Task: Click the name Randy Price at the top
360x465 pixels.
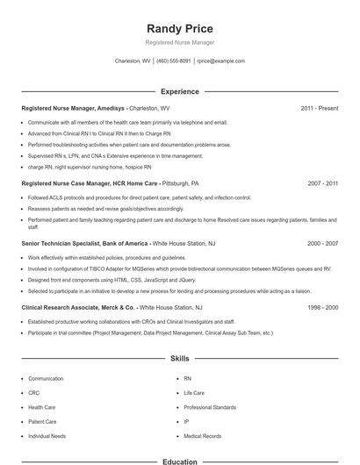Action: tap(179, 29)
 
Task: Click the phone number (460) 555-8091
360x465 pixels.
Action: tap(174, 61)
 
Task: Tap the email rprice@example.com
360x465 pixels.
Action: tap(220, 61)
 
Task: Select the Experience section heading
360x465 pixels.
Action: tap(179, 91)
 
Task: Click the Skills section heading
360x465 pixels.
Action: tap(179, 359)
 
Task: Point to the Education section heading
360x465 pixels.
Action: tap(179, 461)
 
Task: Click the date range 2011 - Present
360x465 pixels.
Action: tap(319, 108)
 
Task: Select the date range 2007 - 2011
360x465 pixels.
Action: tap(322, 184)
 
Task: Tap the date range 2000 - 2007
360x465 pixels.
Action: tap(322, 243)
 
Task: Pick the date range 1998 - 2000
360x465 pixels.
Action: tap(322, 308)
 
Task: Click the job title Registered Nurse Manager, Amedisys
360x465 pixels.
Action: tap(75, 108)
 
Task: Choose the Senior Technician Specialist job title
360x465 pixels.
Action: tap(85, 243)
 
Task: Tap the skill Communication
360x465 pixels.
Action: tap(46, 378)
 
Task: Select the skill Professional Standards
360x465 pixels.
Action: tap(209, 407)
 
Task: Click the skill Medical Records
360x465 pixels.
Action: tap(202, 436)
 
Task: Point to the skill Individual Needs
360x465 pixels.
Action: tap(47, 436)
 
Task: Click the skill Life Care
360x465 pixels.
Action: tap(194, 393)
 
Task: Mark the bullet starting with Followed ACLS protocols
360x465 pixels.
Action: tap(126, 198)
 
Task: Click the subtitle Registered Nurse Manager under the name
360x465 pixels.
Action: tap(179, 42)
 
